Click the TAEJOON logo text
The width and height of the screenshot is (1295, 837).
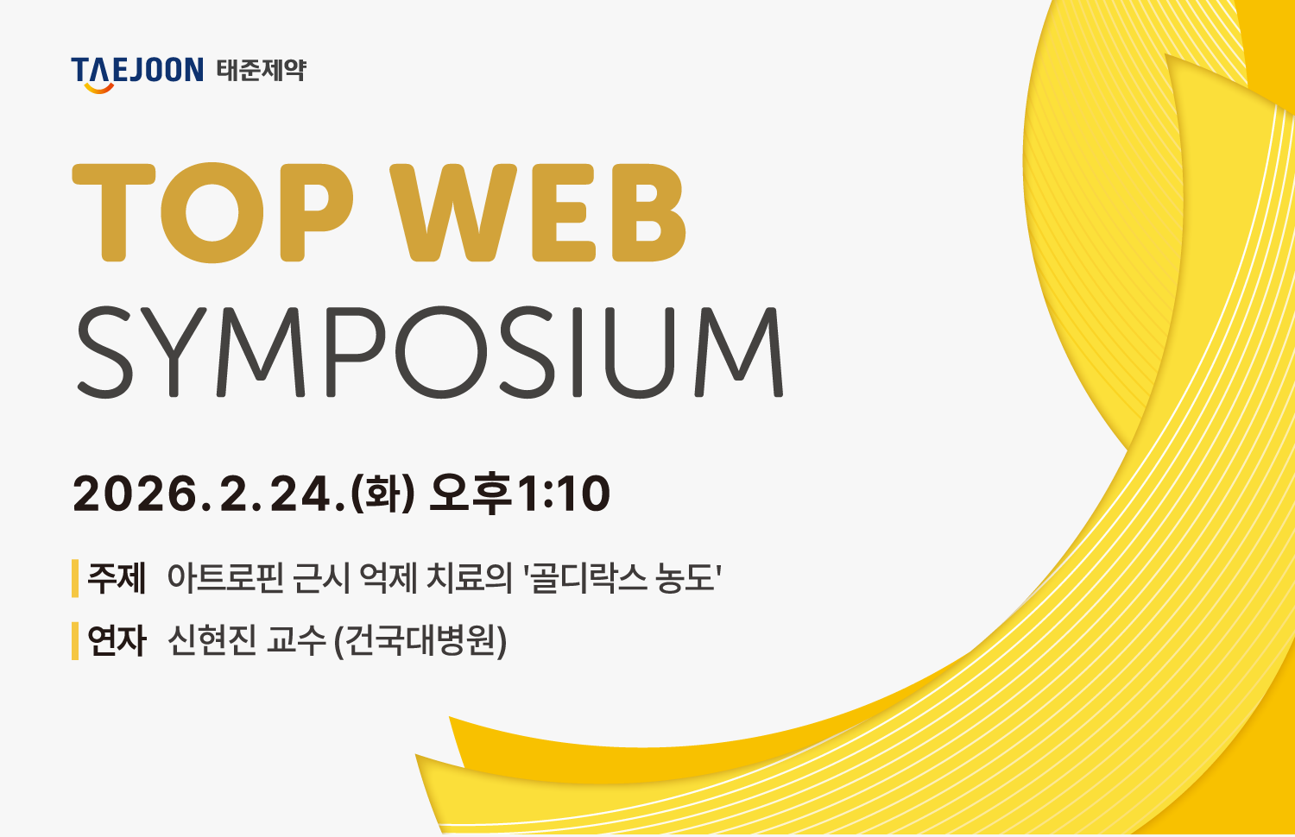click(137, 69)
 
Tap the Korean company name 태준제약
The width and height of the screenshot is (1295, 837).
click(262, 70)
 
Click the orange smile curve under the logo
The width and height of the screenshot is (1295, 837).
click(99, 88)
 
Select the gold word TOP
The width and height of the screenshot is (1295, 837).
click(212, 212)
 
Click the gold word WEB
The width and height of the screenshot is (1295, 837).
click(538, 212)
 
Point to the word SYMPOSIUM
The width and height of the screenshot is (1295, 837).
click(430, 352)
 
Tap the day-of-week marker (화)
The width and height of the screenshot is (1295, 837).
click(382, 494)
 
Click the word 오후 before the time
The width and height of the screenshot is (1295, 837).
click(471, 494)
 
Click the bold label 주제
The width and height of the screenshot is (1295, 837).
click(117, 577)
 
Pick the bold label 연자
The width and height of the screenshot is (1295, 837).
click(117, 640)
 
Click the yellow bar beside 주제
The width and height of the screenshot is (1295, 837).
click(75, 578)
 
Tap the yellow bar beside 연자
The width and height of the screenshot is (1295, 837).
click(75, 640)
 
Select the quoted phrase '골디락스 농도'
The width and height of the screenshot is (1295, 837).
click(623, 577)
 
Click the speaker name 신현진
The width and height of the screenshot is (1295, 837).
click(212, 640)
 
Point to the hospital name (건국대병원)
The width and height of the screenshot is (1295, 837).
click(420, 641)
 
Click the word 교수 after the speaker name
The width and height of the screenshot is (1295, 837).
click(296, 640)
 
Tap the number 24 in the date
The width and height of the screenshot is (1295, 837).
click(304, 494)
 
